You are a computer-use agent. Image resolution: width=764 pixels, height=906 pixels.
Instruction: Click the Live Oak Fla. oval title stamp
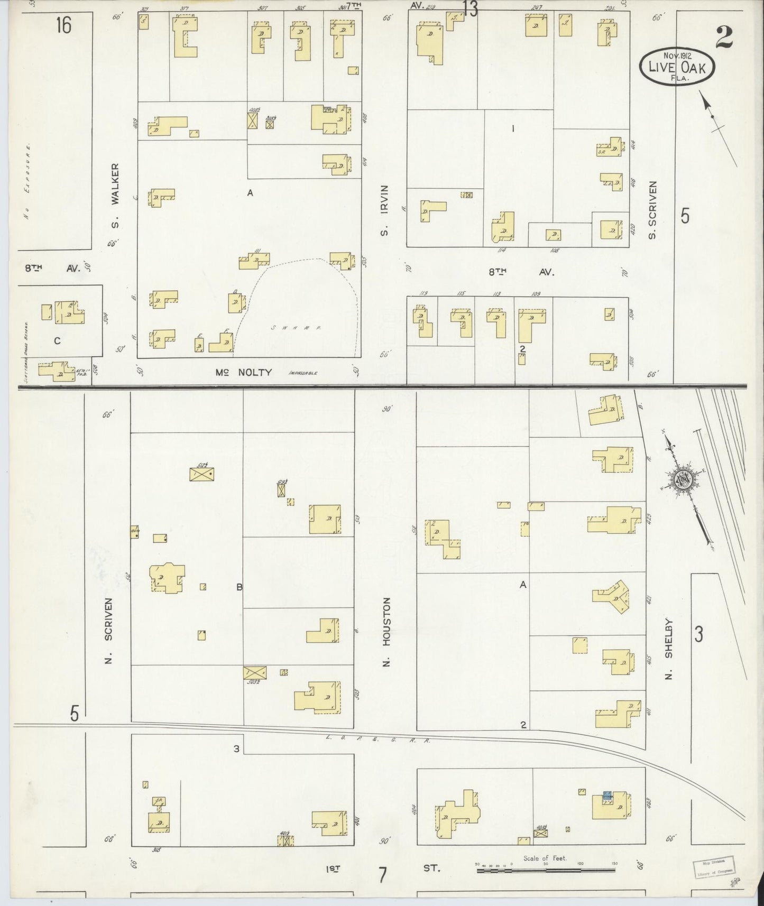677,65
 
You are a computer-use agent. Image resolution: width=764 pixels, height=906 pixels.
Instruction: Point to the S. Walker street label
115,196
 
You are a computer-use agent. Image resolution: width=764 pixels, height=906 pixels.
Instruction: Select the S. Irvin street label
384,210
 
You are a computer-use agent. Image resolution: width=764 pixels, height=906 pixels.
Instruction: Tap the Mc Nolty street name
243,372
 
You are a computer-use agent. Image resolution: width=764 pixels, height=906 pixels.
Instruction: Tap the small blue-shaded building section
607,794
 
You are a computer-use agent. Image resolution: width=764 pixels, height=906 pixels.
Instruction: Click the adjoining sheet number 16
63,25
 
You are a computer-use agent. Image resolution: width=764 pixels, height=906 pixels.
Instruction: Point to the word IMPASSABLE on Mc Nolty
303,373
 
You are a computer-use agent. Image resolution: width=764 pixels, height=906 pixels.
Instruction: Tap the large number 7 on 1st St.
382,874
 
